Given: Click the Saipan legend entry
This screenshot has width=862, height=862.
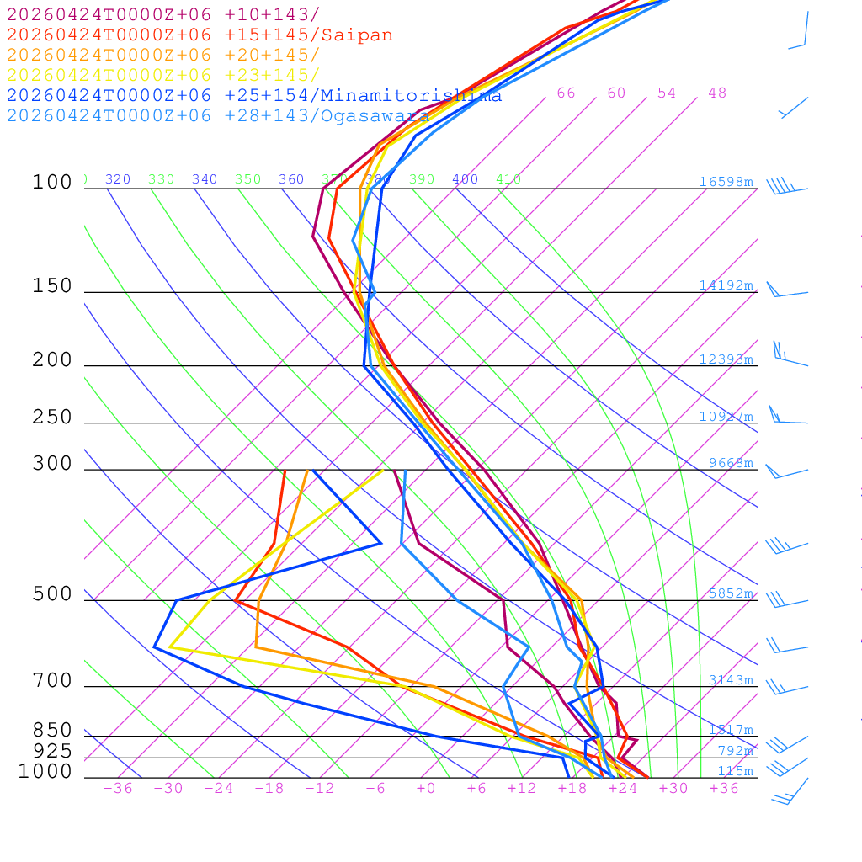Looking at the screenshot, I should pyautogui.click(x=200, y=35).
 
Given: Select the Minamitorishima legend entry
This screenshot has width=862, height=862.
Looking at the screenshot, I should pyautogui.click(x=254, y=95).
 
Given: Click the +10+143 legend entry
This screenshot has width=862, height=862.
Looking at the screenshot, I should pyautogui.click(x=163, y=14).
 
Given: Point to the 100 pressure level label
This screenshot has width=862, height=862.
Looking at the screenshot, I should pyautogui.click(x=52, y=182).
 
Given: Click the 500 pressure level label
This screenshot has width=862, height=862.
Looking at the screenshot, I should pyautogui.click(x=52, y=594).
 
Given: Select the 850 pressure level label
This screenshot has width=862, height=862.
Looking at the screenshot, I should pyautogui.click(x=52, y=730).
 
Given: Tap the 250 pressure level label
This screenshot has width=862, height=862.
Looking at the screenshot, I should pyautogui.click(x=52, y=417).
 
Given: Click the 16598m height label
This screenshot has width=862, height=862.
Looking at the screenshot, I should pyautogui.click(x=726, y=182).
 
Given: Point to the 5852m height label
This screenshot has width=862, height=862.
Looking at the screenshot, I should pyautogui.click(x=730, y=593).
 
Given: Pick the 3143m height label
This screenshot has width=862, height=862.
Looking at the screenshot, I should pyautogui.click(x=730, y=680).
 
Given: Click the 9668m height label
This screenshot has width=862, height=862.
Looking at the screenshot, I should pyautogui.click(x=730, y=463).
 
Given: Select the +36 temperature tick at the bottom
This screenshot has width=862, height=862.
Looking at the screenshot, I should pyautogui.click(x=724, y=789).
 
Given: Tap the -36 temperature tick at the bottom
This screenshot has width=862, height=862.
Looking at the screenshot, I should pyautogui.click(x=118, y=789).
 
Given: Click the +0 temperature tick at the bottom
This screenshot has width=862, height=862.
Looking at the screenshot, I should pyautogui.click(x=426, y=789).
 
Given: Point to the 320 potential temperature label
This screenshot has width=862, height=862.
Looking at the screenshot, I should pyautogui.click(x=118, y=179).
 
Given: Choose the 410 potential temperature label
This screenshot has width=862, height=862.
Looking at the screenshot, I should pyautogui.click(x=508, y=179).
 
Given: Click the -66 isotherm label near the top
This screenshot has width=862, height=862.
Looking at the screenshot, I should pyautogui.click(x=561, y=93).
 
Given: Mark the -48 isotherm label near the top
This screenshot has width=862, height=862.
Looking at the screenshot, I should pyautogui.click(x=711, y=93).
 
